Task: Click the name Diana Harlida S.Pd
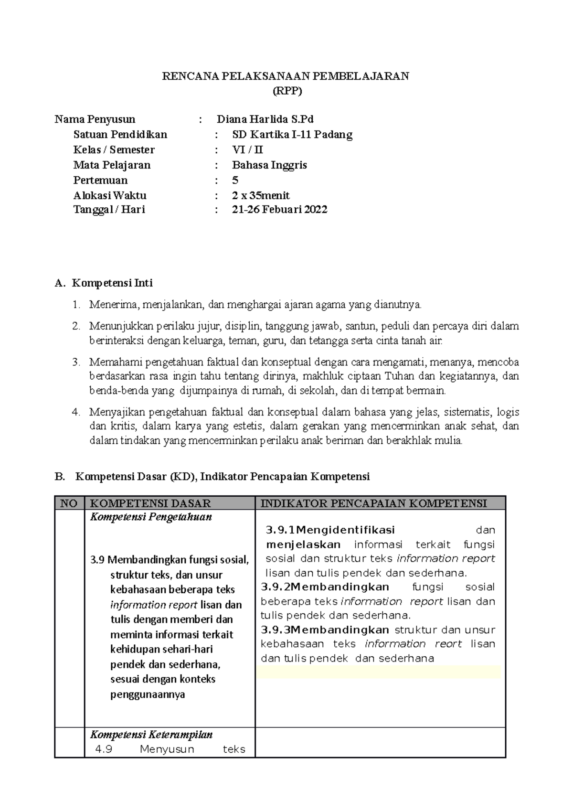pyautogui.click(x=265, y=119)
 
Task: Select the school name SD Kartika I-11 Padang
pyautogui.click(x=292, y=134)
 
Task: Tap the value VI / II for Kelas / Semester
pyautogui.click(x=247, y=149)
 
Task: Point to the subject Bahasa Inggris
pyautogui.click(x=269, y=165)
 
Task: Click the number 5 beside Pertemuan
pyautogui.click(x=235, y=180)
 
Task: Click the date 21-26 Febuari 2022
pyautogui.click(x=279, y=209)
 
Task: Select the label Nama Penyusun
pyautogui.click(x=95, y=119)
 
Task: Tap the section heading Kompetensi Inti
pyautogui.click(x=112, y=283)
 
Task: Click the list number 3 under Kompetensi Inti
pyautogui.click(x=75, y=362)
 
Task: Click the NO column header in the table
pyautogui.click(x=69, y=503)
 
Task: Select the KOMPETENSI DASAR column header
pyautogui.click(x=150, y=503)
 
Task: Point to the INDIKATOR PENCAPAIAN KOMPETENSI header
pyautogui.click(x=374, y=503)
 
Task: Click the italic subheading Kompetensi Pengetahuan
pyautogui.click(x=151, y=517)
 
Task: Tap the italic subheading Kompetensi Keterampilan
pyautogui.click(x=151, y=735)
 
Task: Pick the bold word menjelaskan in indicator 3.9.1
pyautogui.click(x=303, y=544)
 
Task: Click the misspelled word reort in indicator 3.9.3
pyautogui.click(x=448, y=644)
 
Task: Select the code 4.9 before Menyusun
pyautogui.click(x=104, y=749)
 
